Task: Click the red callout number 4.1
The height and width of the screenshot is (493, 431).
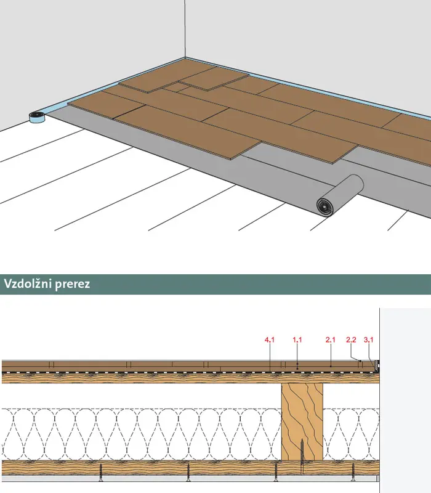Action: pyautogui.click(x=270, y=340)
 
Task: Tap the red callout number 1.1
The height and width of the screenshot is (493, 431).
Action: pyautogui.click(x=297, y=340)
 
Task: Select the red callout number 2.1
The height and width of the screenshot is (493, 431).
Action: pyautogui.click(x=331, y=340)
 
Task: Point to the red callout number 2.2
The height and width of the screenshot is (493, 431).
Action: pyautogui.click(x=351, y=340)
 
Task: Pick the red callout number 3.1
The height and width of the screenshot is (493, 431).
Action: pyautogui.click(x=369, y=340)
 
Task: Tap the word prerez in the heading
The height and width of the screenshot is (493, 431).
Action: pyautogui.click(x=73, y=285)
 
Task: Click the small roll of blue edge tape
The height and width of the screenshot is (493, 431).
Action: pyautogui.click(x=38, y=117)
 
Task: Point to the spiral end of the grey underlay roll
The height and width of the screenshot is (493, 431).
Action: pyautogui.click(x=324, y=206)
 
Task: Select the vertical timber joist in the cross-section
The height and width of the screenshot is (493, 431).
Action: pyautogui.click(x=302, y=422)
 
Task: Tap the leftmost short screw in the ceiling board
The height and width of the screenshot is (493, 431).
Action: pyautogui.click(x=101, y=473)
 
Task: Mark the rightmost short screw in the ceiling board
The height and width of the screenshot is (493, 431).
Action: pyautogui.click(x=353, y=473)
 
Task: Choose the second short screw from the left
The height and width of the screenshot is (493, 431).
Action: pyautogui.click(x=188, y=473)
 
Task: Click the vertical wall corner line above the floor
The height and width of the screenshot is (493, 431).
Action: pyautogui.click(x=185, y=28)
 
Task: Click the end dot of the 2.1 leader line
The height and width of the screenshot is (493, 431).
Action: pyautogui.click(x=331, y=366)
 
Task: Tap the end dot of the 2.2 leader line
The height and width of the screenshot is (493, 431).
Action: pyautogui.click(x=360, y=361)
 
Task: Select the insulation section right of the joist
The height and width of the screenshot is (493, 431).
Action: pyautogui.click(x=351, y=434)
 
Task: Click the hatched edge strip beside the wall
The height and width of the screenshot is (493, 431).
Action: pyautogui.click(x=376, y=365)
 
